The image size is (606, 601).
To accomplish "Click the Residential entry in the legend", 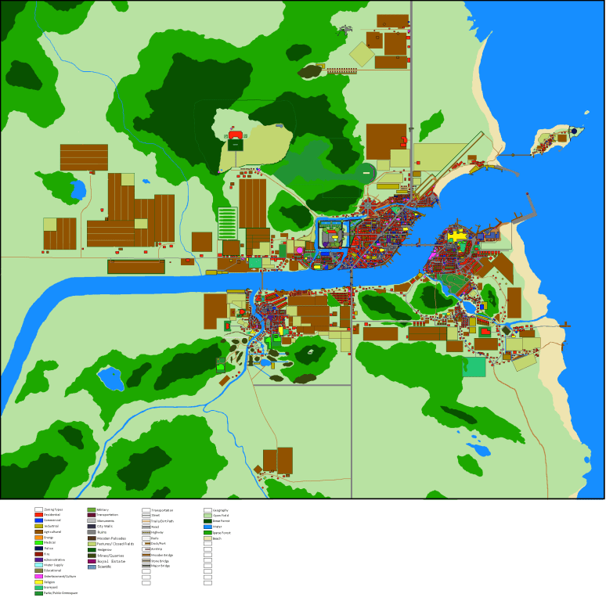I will pos(52,515).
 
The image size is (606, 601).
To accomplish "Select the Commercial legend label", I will pos(52,520).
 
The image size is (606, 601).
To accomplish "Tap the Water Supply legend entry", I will pos(54,565).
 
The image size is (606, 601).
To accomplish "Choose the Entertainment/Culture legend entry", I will pos(60,577).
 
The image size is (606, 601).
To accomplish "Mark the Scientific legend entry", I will pos(105,567).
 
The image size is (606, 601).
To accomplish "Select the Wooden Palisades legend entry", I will pos(111,538).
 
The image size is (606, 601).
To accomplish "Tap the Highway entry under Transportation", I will pos(157,532).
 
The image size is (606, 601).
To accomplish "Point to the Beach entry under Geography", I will pos(217,538).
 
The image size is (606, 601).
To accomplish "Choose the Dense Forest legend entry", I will pos(221,521).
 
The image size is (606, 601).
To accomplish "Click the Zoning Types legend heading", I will pos(54,509).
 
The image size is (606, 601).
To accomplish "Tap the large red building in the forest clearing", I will pos(236,135).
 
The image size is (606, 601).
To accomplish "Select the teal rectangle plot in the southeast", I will pos(474,367).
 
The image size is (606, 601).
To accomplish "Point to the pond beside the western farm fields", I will pos(78,190).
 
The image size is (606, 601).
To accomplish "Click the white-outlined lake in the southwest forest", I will pos(110,379).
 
